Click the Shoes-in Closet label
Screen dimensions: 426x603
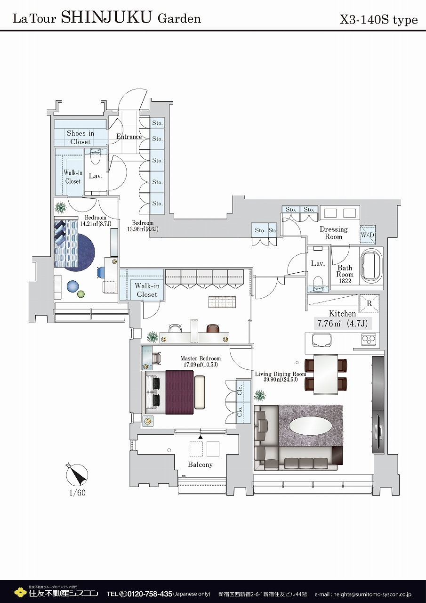80,137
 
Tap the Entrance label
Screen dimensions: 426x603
129,137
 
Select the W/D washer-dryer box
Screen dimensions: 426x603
367,235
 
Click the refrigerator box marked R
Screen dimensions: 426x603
370,303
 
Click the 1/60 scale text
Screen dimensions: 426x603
78,493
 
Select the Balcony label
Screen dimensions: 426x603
200,464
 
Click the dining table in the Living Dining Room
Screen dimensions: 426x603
326,375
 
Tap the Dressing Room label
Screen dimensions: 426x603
333,233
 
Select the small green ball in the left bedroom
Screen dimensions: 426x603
80,294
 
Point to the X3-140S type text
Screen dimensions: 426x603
378,20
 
